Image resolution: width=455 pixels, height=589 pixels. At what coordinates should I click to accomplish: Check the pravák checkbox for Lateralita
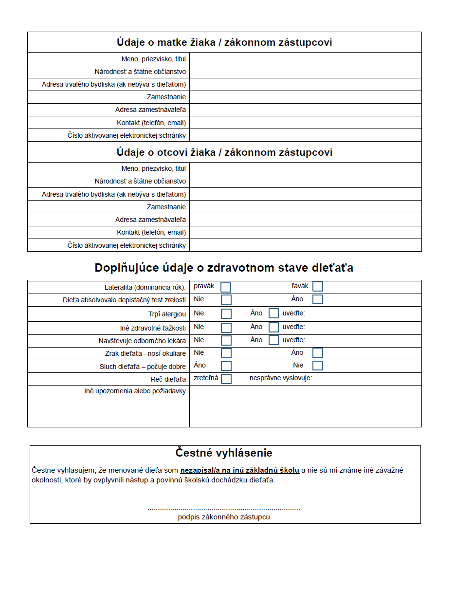226,287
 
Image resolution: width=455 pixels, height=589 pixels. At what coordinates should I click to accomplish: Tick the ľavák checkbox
318,287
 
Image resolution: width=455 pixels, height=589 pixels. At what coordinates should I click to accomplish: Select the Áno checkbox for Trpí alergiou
273,313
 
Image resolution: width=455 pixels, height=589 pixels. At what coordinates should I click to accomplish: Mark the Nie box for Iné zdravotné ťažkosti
226,328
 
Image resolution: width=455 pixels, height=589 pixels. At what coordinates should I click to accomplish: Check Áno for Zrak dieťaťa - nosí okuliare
318,353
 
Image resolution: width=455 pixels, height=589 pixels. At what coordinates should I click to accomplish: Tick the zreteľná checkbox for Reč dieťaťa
226,379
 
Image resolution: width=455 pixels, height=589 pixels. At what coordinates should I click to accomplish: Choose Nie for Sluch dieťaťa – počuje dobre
318,366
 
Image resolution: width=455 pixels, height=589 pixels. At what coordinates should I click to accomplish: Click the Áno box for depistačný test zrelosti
318,299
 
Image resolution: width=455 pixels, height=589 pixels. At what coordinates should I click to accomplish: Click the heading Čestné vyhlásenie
224,453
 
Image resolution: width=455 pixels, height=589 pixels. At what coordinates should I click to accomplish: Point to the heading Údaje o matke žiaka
224,42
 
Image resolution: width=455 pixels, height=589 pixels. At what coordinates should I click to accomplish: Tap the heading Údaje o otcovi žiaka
224,152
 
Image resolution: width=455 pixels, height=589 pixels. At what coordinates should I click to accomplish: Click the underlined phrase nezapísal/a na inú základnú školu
239,471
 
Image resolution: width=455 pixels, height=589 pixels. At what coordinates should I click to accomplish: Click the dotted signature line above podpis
224,509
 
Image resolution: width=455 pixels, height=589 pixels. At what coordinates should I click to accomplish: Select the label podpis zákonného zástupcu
224,517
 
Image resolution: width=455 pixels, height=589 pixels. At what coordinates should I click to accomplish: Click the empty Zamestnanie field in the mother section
305,97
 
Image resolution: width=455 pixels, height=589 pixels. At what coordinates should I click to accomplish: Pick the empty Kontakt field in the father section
305,232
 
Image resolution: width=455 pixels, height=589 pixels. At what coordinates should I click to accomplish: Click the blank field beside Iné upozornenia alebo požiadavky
305,406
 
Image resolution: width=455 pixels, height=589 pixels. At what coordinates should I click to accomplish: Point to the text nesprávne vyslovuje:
281,378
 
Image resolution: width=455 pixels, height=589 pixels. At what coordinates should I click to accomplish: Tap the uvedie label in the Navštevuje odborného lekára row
293,340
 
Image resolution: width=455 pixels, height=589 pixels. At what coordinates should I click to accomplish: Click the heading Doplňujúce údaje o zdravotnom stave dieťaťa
224,268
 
